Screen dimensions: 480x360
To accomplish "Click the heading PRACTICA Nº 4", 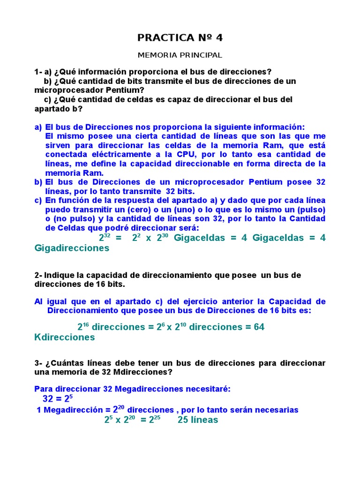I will [x=180, y=37].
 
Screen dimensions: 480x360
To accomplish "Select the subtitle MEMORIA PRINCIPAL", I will [x=180, y=55].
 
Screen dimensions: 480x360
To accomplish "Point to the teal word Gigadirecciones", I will [x=72, y=248].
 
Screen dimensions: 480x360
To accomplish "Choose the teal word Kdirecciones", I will [x=65, y=337].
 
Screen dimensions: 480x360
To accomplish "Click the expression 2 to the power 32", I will [x=105, y=238].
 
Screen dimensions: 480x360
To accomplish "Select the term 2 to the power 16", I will [x=83, y=327].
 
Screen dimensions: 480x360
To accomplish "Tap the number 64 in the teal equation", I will [x=259, y=327].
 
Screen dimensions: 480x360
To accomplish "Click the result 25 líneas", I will [x=197, y=420].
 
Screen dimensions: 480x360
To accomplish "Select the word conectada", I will [x=63, y=154].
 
